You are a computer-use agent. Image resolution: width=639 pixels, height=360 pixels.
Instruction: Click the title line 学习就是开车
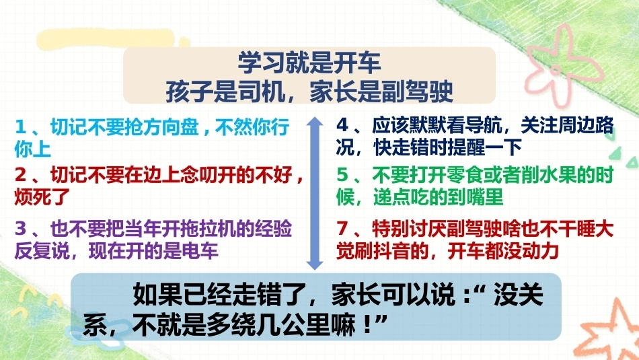click(309, 63)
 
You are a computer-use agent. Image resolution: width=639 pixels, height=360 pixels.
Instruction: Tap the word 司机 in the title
click(261, 91)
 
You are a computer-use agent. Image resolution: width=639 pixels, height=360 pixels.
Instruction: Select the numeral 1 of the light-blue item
click(20, 127)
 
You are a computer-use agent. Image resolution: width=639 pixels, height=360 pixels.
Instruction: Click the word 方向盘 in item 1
click(171, 127)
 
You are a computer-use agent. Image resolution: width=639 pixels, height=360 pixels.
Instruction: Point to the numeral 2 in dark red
click(20, 175)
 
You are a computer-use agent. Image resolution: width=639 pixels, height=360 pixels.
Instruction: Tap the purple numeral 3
click(20, 229)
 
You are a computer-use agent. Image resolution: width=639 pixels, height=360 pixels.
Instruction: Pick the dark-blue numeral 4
click(342, 125)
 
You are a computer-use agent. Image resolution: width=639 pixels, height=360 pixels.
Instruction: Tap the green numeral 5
click(342, 175)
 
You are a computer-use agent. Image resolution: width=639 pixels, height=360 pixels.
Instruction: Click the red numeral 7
click(342, 229)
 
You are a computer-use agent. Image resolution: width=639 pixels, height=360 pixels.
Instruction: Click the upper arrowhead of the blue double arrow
click(314, 122)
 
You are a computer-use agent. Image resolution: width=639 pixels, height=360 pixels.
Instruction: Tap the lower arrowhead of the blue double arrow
click(314, 264)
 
